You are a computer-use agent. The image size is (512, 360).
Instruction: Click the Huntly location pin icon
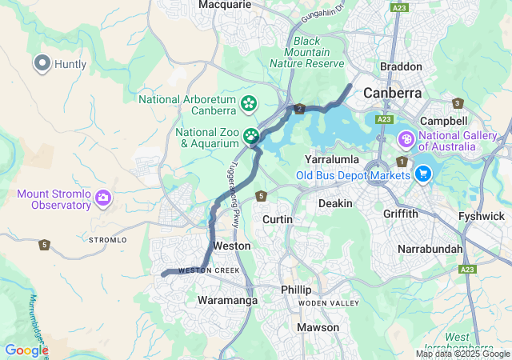[42, 63]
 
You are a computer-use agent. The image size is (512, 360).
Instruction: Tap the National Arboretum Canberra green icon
[249, 103]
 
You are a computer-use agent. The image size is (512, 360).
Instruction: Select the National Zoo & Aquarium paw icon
[251, 136]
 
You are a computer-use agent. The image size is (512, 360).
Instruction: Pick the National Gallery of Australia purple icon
[407, 139]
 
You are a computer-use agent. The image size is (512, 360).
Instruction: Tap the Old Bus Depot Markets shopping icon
[424, 174]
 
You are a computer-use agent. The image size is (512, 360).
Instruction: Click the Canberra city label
[392, 93]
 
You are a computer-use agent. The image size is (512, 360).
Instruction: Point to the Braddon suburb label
[400, 67]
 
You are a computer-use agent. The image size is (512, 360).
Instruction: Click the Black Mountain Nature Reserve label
[306, 52]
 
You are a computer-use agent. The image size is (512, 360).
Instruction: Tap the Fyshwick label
[481, 217]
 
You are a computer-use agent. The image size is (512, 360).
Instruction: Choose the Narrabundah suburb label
[430, 249]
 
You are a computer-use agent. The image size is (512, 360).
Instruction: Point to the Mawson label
[318, 327]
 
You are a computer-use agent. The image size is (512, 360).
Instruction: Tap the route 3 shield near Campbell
[458, 103]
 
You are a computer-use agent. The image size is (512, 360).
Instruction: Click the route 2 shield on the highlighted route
[299, 109]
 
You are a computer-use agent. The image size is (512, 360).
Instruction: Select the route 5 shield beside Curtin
[261, 196]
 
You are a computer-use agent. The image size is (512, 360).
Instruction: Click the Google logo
[26, 350]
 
